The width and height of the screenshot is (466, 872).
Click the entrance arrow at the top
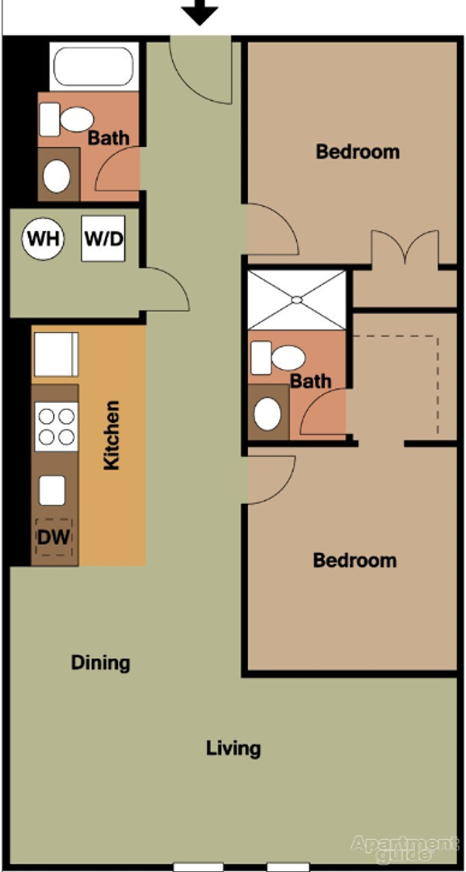click(x=199, y=11)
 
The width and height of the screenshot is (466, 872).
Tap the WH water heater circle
click(x=44, y=239)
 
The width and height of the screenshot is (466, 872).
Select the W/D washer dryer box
click(x=103, y=239)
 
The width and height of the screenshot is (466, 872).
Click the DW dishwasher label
click(x=54, y=535)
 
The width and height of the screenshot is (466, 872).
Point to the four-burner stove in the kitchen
click(x=56, y=427)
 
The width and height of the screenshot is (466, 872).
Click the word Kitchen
click(x=112, y=436)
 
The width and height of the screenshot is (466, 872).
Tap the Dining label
click(x=100, y=663)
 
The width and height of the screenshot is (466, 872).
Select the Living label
click(x=233, y=748)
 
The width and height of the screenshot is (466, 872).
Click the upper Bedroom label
click(x=357, y=151)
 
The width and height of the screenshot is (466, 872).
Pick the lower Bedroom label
click(x=355, y=560)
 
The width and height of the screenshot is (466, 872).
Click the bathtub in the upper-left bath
click(x=90, y=68)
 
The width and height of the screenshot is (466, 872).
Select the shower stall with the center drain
click(x=296, y=300)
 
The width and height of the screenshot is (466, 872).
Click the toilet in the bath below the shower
click(x=279, y=357)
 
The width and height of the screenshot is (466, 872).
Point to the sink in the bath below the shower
click(x=267, y=413)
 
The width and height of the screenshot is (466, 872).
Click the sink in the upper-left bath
click(x=57, y=174)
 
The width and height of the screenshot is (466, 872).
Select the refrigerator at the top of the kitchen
click(x=55, y=355)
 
